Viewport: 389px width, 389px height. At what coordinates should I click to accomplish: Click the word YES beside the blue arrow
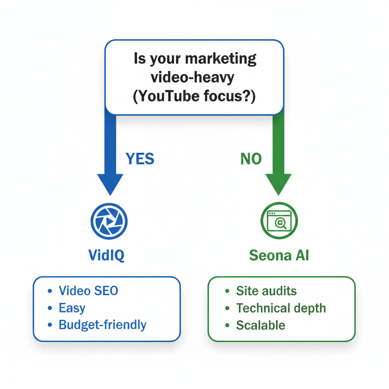(140, 159)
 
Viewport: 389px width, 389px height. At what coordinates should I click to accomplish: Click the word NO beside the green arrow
(251, 159)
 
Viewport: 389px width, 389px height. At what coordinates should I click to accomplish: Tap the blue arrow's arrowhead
(110, 183)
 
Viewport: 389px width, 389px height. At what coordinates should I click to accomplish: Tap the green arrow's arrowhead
(278, 183)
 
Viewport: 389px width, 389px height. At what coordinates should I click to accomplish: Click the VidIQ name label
(106, 255)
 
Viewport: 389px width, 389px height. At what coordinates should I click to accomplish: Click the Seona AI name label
(279, 255)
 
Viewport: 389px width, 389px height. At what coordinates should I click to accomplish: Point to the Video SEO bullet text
(88, 291)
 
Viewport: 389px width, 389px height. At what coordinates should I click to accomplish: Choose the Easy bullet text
(72, 308)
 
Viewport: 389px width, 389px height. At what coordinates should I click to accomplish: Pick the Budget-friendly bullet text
(102, 325)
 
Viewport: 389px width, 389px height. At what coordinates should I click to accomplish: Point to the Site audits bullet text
(266, 291)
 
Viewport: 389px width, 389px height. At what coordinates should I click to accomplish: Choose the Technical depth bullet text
(281, 308)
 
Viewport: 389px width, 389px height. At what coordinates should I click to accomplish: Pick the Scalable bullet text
(260, 325)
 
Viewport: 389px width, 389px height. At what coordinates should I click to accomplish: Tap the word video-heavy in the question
(193, 77)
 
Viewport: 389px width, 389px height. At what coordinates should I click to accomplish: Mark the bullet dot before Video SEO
(50, 291)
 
